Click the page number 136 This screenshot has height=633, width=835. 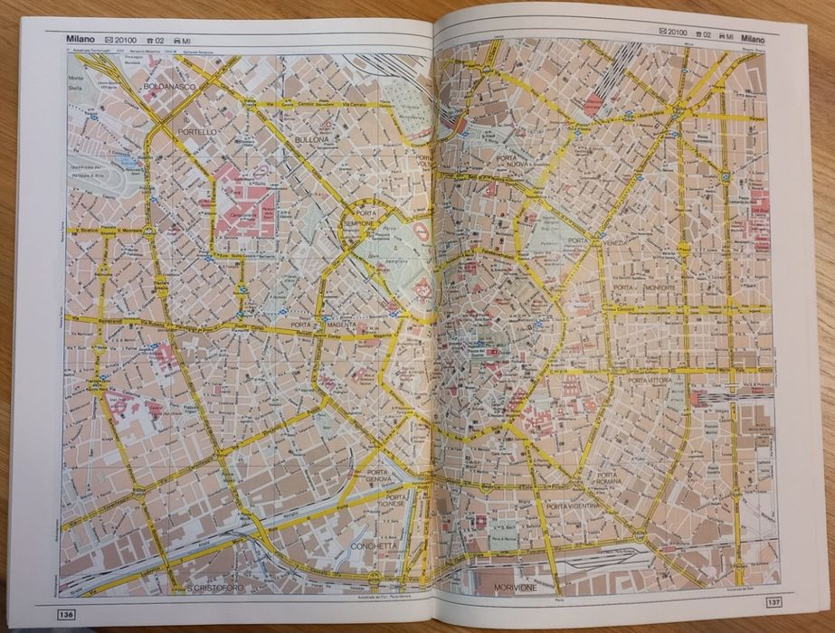point(65,616)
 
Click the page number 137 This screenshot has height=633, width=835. point(772,600)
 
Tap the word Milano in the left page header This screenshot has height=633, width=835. point(82,40)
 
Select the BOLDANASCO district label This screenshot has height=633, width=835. point(169,86)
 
